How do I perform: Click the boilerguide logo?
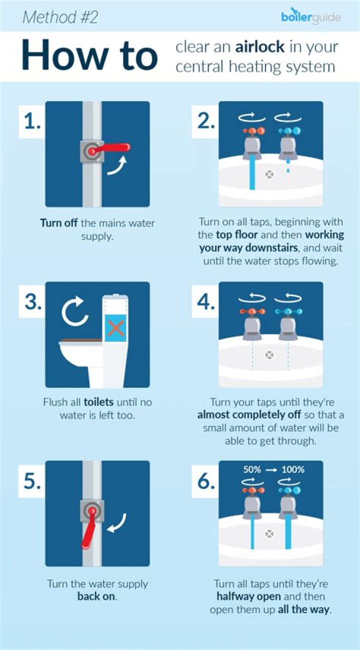pyautogui.click(x=310, y=17)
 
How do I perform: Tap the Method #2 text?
pyautogui.click(x=60, y=17)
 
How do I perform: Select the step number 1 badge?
pyautogui.click(x=32, y=121)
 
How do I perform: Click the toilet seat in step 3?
pyautogui.click(x=80, y=343)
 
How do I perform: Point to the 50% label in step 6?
pyautogui.click(x=253, y=469)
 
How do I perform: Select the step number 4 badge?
pyautogui.click(x=205, y=302)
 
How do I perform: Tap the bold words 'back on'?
pyautogui.click(x=96, y=596)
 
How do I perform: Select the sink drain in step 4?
pyautogui.click(x=269, y=355)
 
